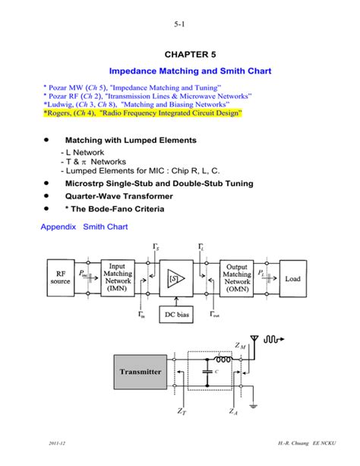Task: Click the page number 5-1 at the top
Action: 179,24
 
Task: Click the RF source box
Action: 60,279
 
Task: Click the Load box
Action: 292,279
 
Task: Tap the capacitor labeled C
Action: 206,372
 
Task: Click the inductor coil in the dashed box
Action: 223,360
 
